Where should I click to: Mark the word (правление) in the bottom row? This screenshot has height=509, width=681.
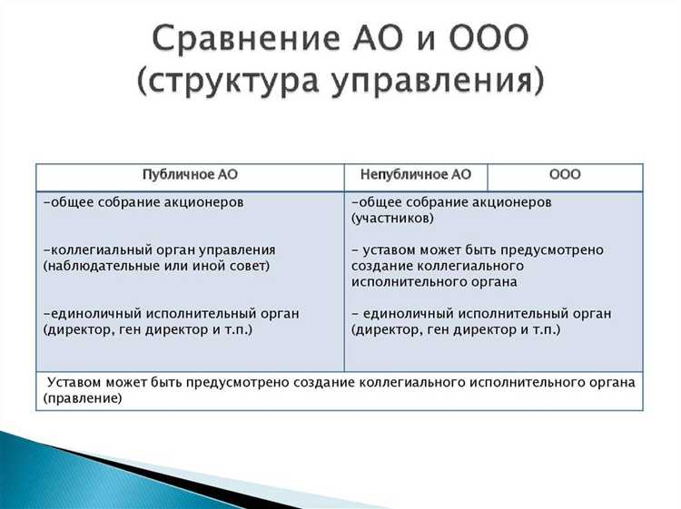tap(82, 397)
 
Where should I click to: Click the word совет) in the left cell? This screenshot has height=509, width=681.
tap(247, 266)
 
